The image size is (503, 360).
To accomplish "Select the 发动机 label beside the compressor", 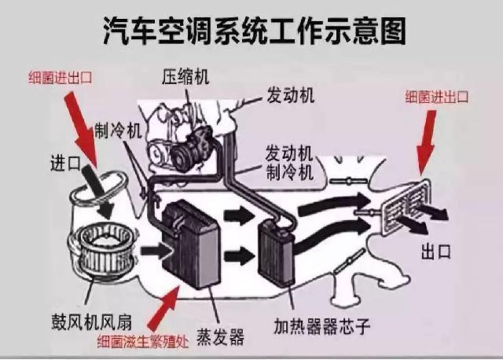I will coord(288,96).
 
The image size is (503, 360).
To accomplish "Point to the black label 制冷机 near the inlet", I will coord(117,130).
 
